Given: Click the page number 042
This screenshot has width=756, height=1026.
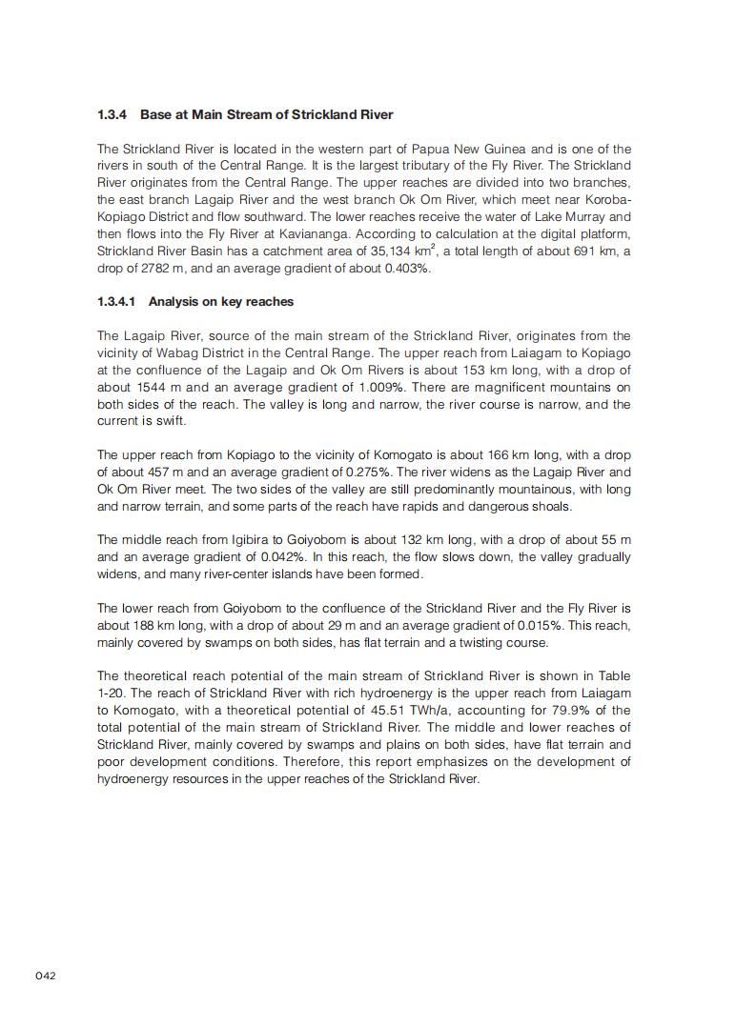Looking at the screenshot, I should [47, 976].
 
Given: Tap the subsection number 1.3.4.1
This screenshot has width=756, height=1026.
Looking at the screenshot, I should [116, 302].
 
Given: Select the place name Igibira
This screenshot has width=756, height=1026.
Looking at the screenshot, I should [255, 540].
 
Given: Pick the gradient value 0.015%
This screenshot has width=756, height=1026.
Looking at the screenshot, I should [543, 626].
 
